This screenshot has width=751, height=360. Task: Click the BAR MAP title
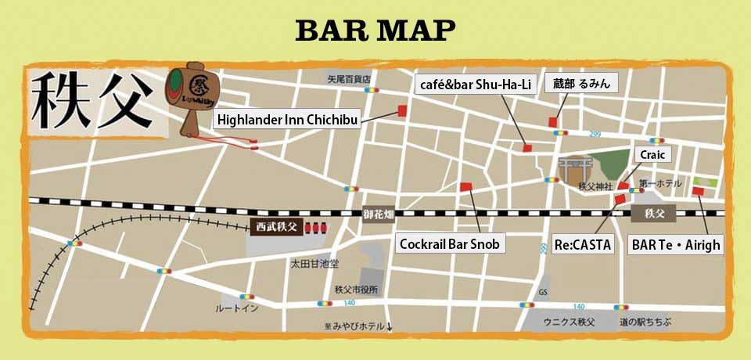tap(375, 30)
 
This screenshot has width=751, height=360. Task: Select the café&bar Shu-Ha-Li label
tap(475, 85)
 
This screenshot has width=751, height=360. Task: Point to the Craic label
tap(652, 155)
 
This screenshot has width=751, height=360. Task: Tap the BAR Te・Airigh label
tap(676, 244)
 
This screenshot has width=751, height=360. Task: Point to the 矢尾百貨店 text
tap(348, 79)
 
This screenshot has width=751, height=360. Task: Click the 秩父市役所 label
tap(356, 290)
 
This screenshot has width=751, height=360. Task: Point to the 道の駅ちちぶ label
tap(645, 322)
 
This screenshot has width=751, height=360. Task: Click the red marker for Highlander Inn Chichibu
tap(403, 110)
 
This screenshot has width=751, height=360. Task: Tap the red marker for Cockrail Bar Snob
tap(466, 186)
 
